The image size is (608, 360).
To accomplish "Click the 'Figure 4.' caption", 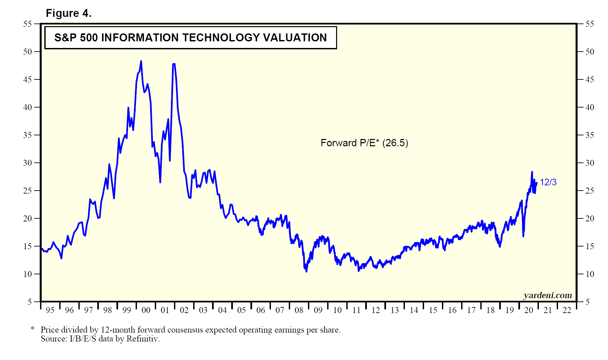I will [x=68, y=13].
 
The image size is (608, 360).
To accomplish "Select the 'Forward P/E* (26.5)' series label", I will [x=364, y=143].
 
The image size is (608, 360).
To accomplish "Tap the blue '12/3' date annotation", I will [x=548, y=182].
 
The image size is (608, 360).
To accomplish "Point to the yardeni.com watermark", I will [x=547, y=295].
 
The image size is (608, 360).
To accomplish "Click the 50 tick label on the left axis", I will [x=27, y=52].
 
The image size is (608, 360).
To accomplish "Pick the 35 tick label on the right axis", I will [x=589, y=135].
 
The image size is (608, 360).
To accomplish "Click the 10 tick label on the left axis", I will [x=27, y=274].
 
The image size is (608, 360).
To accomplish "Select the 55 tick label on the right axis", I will [x=589, y=24].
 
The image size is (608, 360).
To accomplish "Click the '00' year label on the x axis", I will [x=146, y=310].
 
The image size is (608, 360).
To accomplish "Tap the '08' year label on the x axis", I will [x=299, y=310].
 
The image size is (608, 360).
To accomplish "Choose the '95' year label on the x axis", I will [x=50, y=310].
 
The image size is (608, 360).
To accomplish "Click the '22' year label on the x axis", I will [x=567, y=310].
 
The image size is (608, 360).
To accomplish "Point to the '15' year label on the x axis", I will [x=433, y=310].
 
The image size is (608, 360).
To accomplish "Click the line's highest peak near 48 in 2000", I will [x=141, y=62].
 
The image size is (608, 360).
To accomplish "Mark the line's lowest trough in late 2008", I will [x=306, y=271].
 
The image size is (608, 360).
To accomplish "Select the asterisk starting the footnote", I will [x=32, y=329].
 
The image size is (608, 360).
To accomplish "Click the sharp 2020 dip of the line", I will [x=523, y=236].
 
